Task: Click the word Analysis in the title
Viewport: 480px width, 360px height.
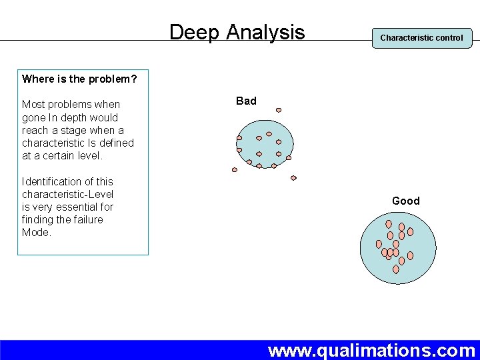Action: pos(265,33)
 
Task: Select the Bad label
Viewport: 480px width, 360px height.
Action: pos(246,101)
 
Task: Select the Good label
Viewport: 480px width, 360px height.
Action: pos(405,201)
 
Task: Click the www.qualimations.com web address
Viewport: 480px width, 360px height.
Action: pos(371,350)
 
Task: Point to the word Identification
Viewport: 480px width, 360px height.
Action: pos(52,181)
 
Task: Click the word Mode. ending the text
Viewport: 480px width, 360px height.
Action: pos(36,233)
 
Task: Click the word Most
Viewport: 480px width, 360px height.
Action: pos(33,105)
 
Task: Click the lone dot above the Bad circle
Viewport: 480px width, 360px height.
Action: pos(279,110)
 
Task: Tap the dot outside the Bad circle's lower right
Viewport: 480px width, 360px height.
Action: pos(293,178)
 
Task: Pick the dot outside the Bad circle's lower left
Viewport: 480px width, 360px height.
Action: pos(234,169)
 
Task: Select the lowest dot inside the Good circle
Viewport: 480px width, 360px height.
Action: pos(395,269)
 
